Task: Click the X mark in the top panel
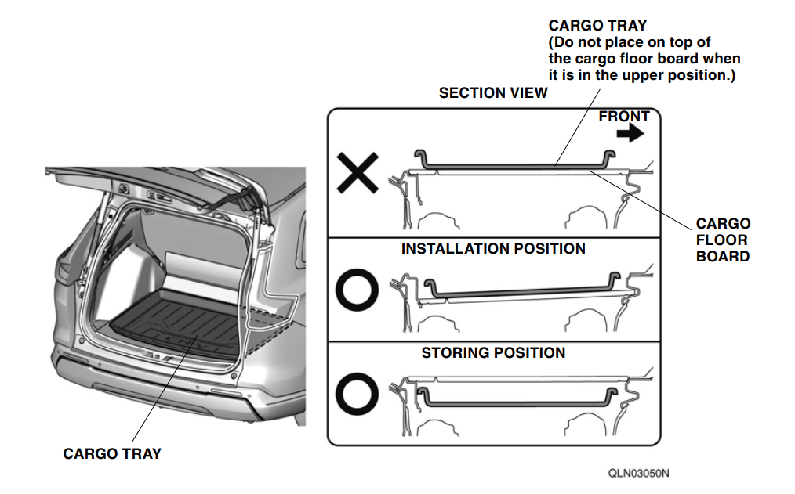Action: (x=358, y=172)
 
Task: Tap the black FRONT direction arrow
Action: (x=630, y=134)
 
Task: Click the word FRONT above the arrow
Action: (x=623, y=117)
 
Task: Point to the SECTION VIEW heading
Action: (x=493, y=93)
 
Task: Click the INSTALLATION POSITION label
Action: (x=493, y=248)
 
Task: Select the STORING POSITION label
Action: (x=493, y=353)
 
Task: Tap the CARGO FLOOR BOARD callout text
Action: (x=723, y=240)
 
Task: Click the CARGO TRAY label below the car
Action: (x=112, y=453)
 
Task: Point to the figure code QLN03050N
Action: (x=638, y=473)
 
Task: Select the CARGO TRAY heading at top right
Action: (x=597, y=26)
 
